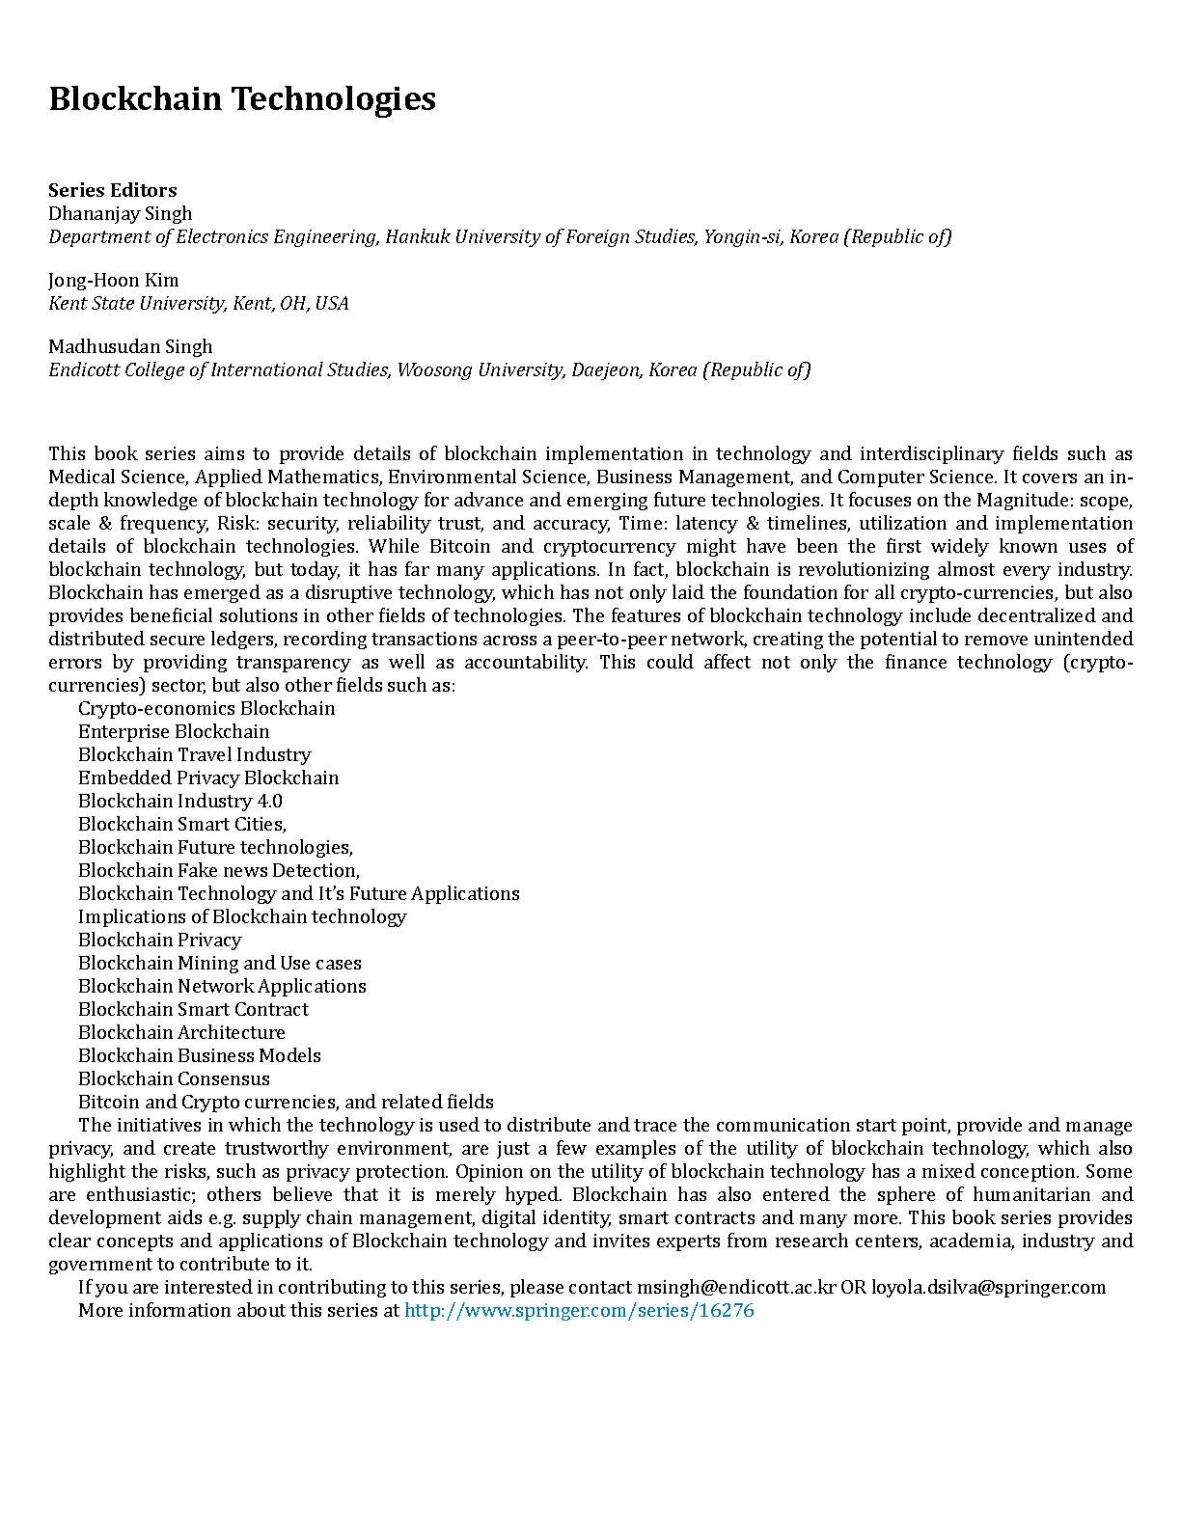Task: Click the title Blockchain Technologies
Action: (x=242, y=99)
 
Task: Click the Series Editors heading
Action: (x=113, y=190)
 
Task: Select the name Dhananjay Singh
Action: (x=121, y=213)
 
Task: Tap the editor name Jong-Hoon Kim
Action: (x=114, y=280)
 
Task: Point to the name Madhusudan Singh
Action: (x=130, y=346)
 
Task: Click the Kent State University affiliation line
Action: (x=199, y=303)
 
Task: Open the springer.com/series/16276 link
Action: (x=579, y=1310)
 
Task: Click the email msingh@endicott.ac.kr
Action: (x=736, y=1287)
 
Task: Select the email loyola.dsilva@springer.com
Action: (x=988, y=1287)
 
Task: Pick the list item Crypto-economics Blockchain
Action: (x=206, y=708)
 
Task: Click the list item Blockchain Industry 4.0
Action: (x=180, y=801)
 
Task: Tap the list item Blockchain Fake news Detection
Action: (x=219, y=870)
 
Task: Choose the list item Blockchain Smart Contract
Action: (x=193, y=1009)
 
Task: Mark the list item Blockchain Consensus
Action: (x=174, y=1078)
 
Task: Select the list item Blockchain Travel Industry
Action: (x=194, y=754)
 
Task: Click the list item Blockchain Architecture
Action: (x=181, y=1032)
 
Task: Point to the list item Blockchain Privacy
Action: (x=159, y=940)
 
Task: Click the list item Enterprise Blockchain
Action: (x=174, y=731)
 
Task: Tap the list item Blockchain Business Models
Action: (x=200, y=1055)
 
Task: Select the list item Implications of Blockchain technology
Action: (x=242, y=916)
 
